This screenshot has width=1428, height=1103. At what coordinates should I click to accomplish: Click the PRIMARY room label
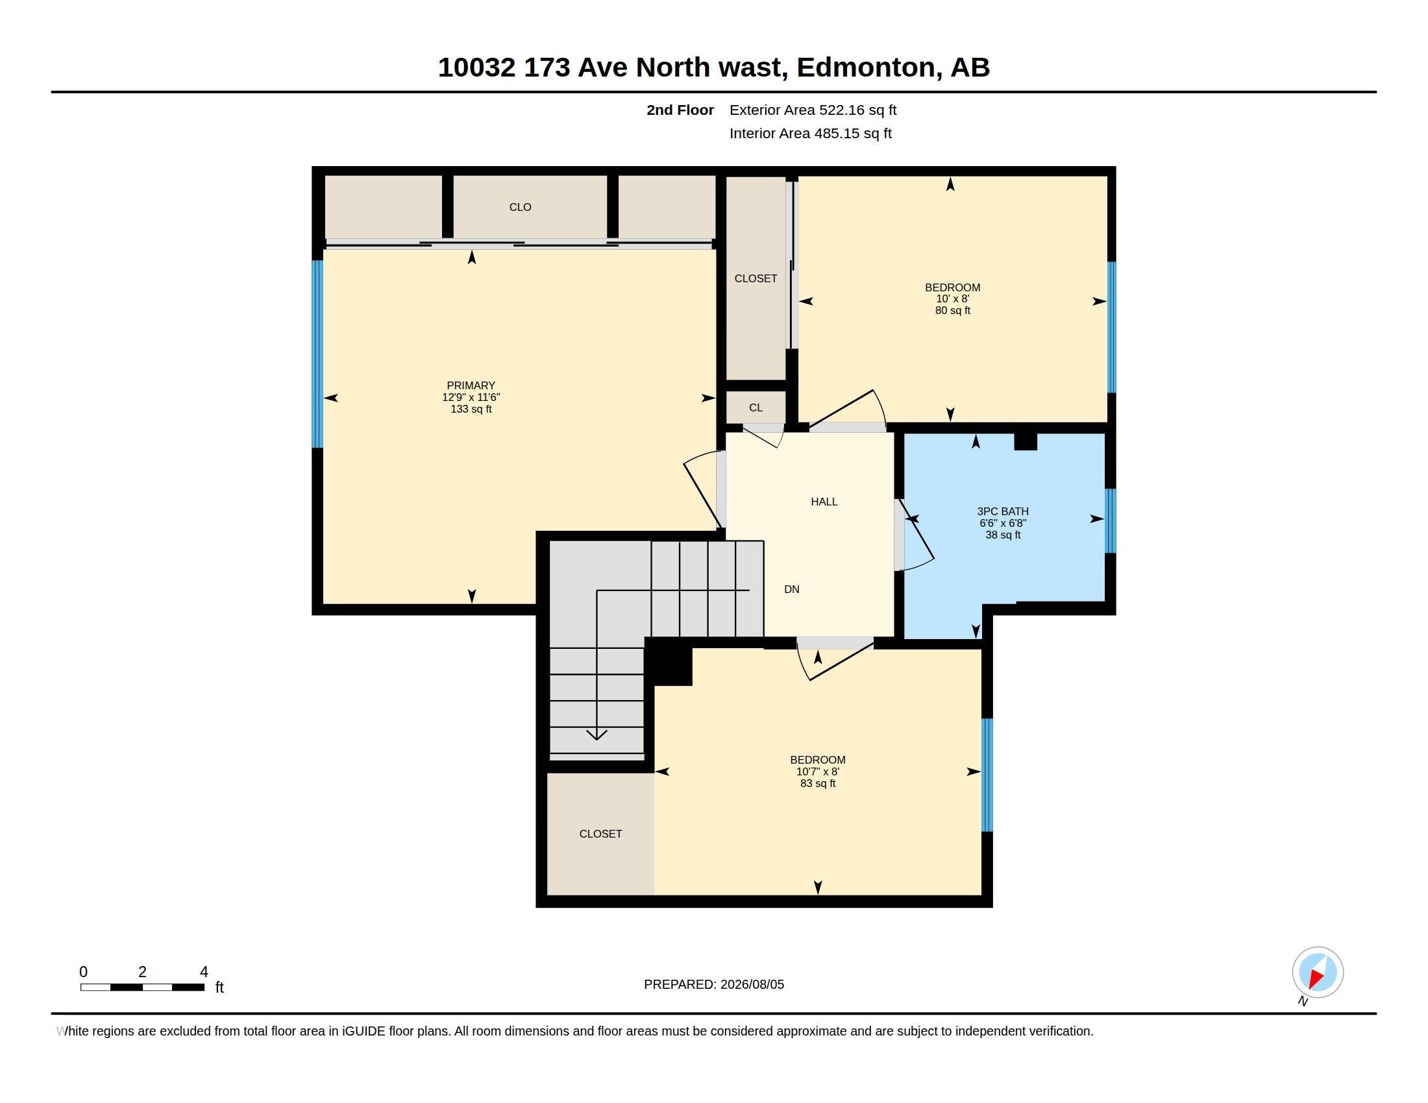[x=471, y=385]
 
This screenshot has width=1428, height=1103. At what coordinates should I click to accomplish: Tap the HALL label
[x=824, y=502]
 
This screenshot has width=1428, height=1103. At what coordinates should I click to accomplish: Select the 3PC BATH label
[x=1002, y=512]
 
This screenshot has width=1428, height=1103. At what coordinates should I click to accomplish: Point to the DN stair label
[x=792, y=589]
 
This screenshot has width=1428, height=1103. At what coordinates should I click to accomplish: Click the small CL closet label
[x=756, y=407]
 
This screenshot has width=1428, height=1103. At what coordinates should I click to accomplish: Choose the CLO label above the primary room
[x=521, y=207]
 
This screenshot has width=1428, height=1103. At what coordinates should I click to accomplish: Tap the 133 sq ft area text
[x=471, y=409]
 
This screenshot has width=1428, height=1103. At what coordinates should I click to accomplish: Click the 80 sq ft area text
[x=953, y=310]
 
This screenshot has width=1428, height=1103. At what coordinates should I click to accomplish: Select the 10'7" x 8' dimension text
[x=817, y=771]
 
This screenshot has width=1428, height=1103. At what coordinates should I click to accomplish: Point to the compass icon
[x=1318, y=973]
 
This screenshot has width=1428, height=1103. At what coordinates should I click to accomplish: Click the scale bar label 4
[x=204, y=972]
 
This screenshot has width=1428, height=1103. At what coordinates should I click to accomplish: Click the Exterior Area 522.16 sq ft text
[x=813, y=110]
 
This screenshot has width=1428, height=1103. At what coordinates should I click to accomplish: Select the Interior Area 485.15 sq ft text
[x=810, y=133]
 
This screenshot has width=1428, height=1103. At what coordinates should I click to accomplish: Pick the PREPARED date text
[x=714, y=984]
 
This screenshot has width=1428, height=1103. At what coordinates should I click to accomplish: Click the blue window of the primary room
[x=317, y=354]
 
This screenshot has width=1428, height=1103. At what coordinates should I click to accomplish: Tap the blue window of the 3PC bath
[x=1110, y=521]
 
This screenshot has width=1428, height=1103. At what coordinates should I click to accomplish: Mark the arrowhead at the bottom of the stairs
[x=597, y=735]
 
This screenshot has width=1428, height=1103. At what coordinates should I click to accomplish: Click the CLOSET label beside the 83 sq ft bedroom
[x=600, y=834]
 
